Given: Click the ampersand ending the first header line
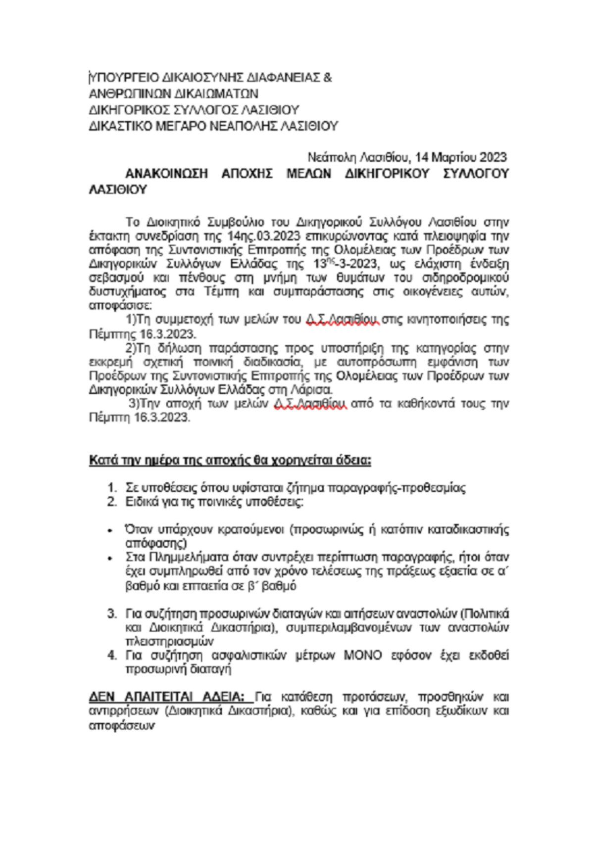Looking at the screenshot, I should click(327, 78).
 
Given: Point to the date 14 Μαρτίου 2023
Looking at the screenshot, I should click(461, 157).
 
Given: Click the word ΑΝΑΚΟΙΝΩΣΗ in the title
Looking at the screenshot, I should click(166, 174).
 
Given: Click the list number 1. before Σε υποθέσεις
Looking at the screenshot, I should click(112, 488).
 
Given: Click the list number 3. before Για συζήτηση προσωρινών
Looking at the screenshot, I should click(112, 614).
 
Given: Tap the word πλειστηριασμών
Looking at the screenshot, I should click(169, 642).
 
